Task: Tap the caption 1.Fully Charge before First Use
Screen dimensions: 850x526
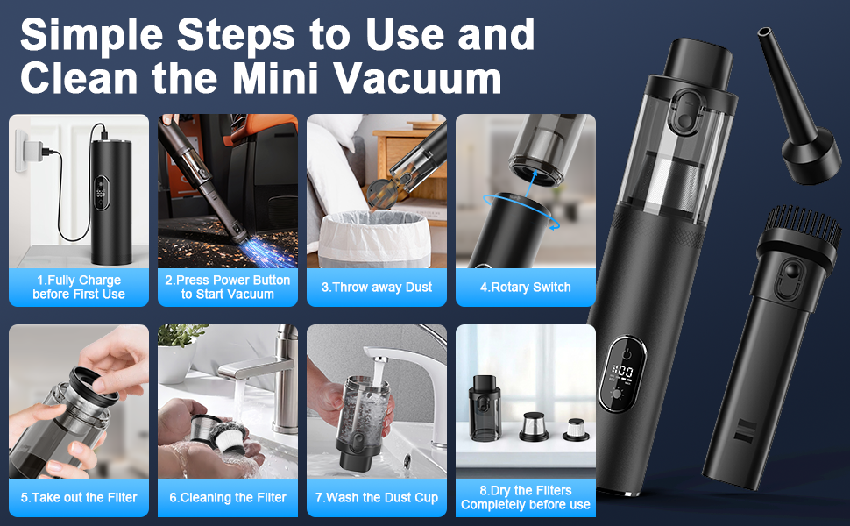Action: pos(79,287)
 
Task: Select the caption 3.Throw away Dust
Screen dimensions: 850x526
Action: pos(377,287)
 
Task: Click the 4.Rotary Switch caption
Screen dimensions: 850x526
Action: pos(525,287)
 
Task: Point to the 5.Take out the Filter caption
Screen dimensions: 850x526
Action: pos(79,497)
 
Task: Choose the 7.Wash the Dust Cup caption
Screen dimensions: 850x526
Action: pos(377,497)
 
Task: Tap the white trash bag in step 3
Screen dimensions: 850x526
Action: pos(374,238)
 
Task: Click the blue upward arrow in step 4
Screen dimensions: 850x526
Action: pos(531,182)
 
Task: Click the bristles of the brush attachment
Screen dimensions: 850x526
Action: pos(804,224)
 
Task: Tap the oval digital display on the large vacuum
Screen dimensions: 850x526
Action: pos(621,374)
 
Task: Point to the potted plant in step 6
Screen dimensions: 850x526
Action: pos(179,352)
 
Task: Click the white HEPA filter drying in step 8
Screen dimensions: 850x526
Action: pos(575,430)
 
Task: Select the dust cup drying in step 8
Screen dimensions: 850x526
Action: pos(484,408)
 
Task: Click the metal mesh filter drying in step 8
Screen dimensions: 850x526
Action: pos(534,426)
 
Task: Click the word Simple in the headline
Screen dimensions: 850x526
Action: pos(92,35)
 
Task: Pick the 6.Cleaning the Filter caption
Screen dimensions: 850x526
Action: pos(228,497)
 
